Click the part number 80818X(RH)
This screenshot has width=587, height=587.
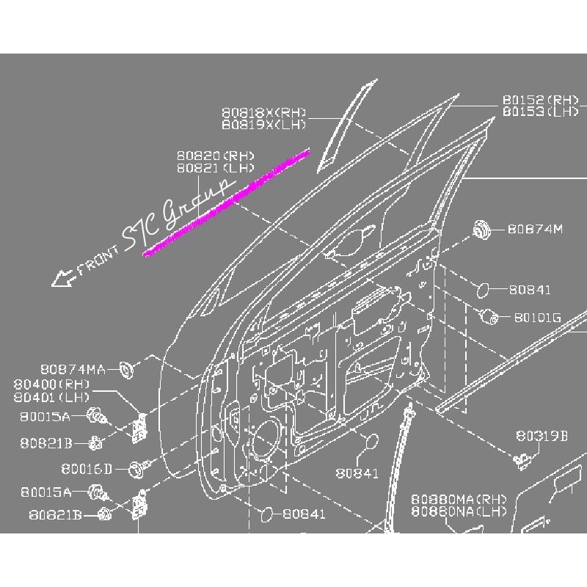[x=264, y=112]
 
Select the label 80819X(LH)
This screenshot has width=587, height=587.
[x=264, y=124]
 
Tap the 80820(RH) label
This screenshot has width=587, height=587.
[x=215, y=156]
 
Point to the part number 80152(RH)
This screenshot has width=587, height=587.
[x=541, y=100]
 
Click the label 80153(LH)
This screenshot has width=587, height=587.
[x=541, y=112]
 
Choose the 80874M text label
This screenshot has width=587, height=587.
[x=535, y=229]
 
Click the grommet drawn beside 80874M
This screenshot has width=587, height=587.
[x=481, y=229]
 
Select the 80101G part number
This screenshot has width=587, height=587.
[x=538, y=318]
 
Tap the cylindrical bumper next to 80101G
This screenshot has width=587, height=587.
[x=489, y=317]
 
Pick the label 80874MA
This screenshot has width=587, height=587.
[x=73, y=370]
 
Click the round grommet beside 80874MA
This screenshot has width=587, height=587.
[x=126, y=370]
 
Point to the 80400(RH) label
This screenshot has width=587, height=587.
[x=51, y=384]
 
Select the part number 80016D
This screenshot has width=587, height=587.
[x=87, y=469]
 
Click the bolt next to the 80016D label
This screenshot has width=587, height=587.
[x=139, y=469]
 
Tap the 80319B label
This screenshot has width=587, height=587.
[x=542, y=436]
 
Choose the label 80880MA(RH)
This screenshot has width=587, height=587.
[x=459, y=499]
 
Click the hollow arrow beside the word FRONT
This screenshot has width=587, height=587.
[x=64, y=278]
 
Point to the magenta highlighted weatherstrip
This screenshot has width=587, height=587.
[x=226, y=203]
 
